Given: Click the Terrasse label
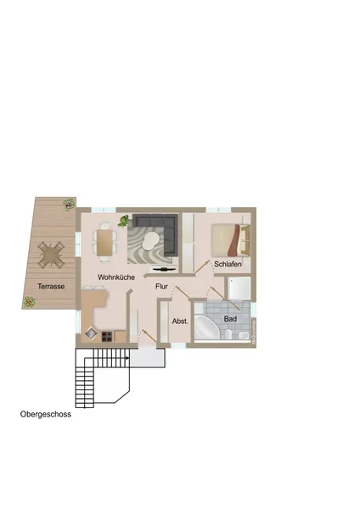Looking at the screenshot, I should click(x=51, y=287).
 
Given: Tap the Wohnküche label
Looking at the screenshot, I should click(x=116, y=277).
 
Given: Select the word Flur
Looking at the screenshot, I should click(x=161, y=287).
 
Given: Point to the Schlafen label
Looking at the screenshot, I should click(x=228, y=265).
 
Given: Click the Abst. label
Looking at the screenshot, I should click(x=180, y=322).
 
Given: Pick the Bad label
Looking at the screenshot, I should click(x=230, y=319).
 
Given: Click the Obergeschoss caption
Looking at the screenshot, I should click(x=46, y=415).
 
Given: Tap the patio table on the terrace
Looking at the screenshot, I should click(x=52, y=254).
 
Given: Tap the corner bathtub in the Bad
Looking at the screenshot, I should click(x=206, y=329).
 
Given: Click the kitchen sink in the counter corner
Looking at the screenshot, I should click(x=91, y=333).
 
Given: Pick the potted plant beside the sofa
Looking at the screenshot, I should click(x=124, y=221).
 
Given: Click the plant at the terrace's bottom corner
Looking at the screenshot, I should click(x=30, y=301).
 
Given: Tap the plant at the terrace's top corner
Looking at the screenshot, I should click(x=69, y=204).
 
